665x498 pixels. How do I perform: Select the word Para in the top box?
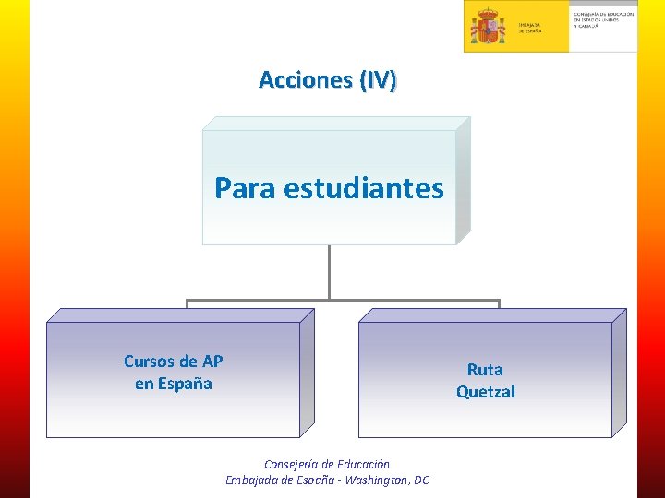pos(246,188)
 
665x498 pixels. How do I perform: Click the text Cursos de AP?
pos(173,361)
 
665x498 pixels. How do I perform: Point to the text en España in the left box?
pos(173,383)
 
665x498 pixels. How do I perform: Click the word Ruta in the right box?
pos(485,370)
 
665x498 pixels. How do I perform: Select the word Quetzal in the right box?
pos(485,392)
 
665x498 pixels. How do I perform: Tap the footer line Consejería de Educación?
pos(327,465)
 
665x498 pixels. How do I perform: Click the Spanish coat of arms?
pos(487,26)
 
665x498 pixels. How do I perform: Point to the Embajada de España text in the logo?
pos(529,28)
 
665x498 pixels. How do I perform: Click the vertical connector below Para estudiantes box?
pos(329,271)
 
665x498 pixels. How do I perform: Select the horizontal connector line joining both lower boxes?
pos(342,301)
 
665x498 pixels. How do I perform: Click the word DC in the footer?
pos(421,480)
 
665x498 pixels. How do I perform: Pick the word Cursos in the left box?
pos(148,361)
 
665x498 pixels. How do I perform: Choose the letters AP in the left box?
pos(212,361)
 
